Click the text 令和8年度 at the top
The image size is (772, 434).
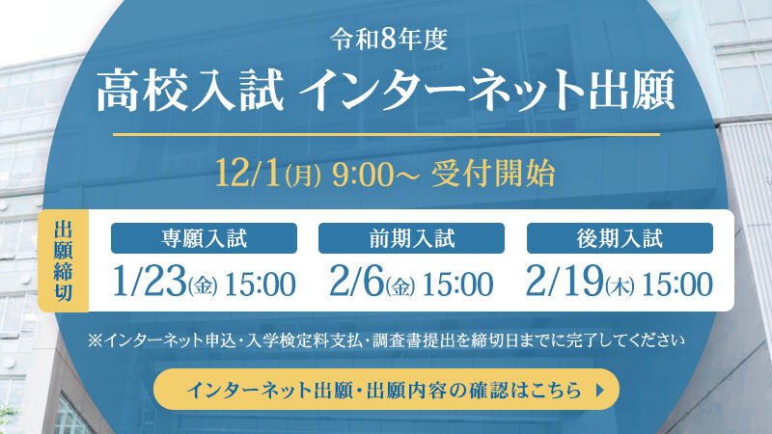pyautogui.click(x=386, y=41)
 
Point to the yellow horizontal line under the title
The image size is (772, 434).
pyautogui.click(x=386, y=134)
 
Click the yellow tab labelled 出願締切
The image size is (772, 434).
pyautogui.click(x=64, y=260)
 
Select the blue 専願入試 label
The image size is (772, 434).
pyautogui.click(x=204, y=238)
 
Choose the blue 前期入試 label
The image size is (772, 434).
pyautogui.click(x=411, y=238)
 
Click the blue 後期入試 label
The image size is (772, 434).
pyautogui.click(x=620, y=238)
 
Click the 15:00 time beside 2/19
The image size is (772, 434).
pyautogui.click(x=676, y=285)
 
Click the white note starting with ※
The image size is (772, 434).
pyautogui.click(x=386, y=339)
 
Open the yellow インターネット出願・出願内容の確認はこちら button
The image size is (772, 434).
pyautogui.click(x=386, y=391)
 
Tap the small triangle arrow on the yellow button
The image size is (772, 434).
pyautogui.click(x=603, y=391)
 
